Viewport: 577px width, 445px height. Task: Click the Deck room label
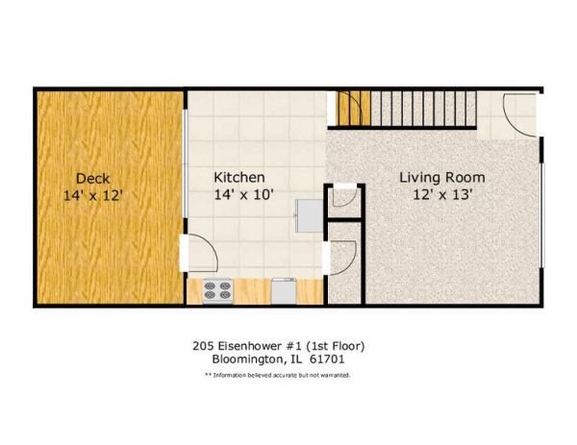click(92, 179)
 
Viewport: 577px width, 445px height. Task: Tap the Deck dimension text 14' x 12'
click(92, 195)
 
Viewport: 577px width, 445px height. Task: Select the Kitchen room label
click(239, 177)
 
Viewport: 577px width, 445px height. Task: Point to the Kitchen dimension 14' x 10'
click(243, 194)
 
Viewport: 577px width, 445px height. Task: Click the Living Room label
click(442, 178)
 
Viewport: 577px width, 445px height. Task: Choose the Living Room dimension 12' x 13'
click(442, 194)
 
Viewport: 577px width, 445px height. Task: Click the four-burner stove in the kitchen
click(217, 291)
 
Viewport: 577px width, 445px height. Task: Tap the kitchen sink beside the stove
click(284, 291)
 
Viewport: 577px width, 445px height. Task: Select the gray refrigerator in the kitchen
click(310, 216)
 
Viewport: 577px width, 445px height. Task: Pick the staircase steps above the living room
click(423, 109)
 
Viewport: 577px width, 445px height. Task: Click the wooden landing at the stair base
click(354, 109)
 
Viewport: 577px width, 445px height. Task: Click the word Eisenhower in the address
click(246, 346)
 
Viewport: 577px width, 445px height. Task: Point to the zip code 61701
click(327, 358)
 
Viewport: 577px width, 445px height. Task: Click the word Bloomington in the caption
click(248, 359)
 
